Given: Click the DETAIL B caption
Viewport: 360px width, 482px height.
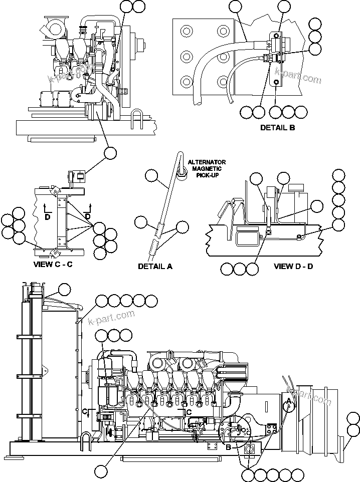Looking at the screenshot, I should click(277, 127).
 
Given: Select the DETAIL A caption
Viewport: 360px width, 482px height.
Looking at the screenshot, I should click(155, 266).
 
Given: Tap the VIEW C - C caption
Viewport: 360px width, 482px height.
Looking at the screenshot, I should click(53, 264).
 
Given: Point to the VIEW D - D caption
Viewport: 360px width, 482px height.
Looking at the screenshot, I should click(293, 266).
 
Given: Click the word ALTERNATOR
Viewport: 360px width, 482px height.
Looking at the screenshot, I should click(207, 162).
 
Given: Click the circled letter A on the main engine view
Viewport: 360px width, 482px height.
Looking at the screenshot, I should click(288, 405).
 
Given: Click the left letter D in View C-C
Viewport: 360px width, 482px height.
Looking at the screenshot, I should click(48, 216).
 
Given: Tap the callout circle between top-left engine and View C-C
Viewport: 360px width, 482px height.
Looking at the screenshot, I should click(110, 153).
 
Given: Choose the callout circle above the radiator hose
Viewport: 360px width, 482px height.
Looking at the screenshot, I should click(65, 289).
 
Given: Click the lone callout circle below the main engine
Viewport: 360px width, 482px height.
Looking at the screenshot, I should click(102, 471).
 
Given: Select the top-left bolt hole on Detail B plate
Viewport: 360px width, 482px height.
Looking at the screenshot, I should click(187, 32).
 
